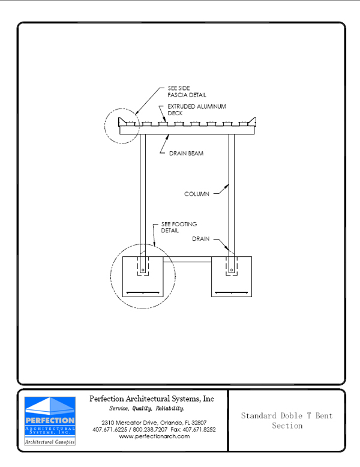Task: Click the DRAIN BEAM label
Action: (x=186, y=154)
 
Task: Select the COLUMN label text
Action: (x=197, y=194)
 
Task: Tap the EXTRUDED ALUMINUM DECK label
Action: (x=197, y=110)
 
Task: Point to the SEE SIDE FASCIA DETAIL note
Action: (x=187, y=91)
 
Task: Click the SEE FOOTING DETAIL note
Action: (x=179, y=227)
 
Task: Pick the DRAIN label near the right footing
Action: (x=200, y=239)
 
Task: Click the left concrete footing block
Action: (x=143, y=277)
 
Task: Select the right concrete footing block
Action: (x=232, y=277)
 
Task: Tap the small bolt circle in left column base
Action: (x=143, y=270)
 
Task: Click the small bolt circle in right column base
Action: (x=232, y=270)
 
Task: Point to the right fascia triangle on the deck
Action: (x=253, y=122)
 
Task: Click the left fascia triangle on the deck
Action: (x=122, y=122)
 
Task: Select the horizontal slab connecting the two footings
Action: (x=187, y=259)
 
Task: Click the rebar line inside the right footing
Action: (x=232, y=292)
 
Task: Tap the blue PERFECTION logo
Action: (x=50, y=421)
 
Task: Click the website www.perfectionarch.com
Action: (x=154, y=436)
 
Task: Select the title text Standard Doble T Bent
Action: (x=287, y=415)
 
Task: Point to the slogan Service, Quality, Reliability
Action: (x=146, y=408)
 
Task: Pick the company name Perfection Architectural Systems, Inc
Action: (x=152, y=399)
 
